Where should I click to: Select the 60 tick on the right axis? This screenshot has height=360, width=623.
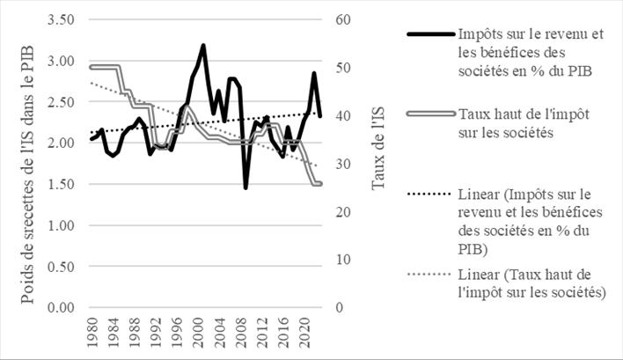coord(342,19)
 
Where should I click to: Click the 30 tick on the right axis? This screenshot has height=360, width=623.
coord(342,164)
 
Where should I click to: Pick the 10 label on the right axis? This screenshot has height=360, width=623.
coord(342,260)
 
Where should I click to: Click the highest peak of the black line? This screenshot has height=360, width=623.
coord(203,45)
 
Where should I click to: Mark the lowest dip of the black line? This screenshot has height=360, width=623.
coord(246,187)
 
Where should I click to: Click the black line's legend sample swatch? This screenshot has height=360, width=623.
coord(429,35)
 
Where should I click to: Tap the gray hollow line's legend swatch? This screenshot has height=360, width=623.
coord(429,114)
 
